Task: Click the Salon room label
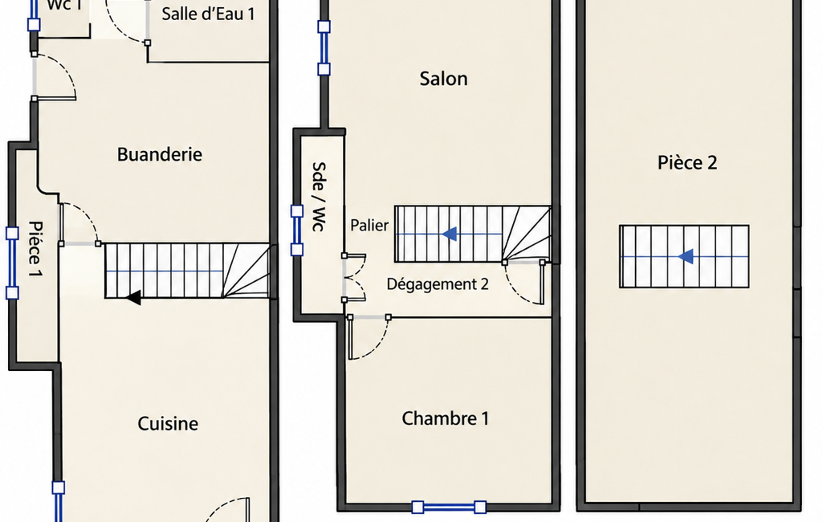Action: point(443,79)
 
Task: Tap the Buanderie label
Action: point(160,154)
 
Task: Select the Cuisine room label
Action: point(168,423)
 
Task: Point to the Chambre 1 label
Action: point(445,418)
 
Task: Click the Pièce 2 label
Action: point(687,162)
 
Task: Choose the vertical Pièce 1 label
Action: point(35,249)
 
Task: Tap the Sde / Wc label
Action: point(319,197)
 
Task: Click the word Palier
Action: point(369,226)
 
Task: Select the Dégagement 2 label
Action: point(438,284)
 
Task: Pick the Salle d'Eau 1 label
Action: point(209,14)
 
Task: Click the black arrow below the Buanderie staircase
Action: point(133,298)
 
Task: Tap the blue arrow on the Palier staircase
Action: point(450,234)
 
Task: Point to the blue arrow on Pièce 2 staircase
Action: point(686,256)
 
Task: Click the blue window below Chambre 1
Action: point(449,508)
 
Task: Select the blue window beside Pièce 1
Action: point(12,263)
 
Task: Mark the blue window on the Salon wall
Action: point(324,48)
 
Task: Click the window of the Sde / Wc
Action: point(297,230)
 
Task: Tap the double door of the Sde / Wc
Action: point(354,277)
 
